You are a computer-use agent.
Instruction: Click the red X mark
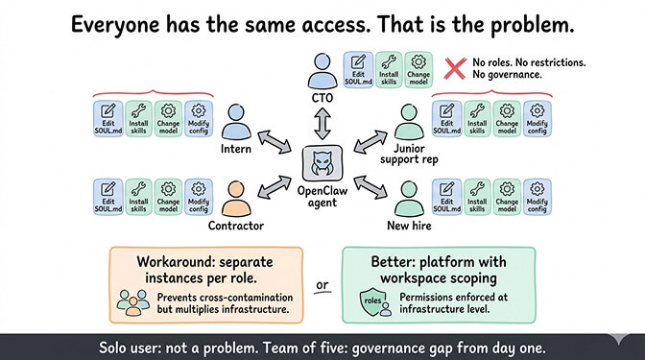(455, 68)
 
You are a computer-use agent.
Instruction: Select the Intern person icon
(240, 122)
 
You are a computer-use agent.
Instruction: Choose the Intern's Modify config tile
(200, 118)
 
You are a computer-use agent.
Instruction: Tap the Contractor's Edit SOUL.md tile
(107, 195)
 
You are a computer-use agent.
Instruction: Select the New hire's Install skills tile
(476, 195)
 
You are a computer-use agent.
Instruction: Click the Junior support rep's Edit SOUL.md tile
(445, 118)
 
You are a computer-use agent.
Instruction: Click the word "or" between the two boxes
(322, 284)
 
